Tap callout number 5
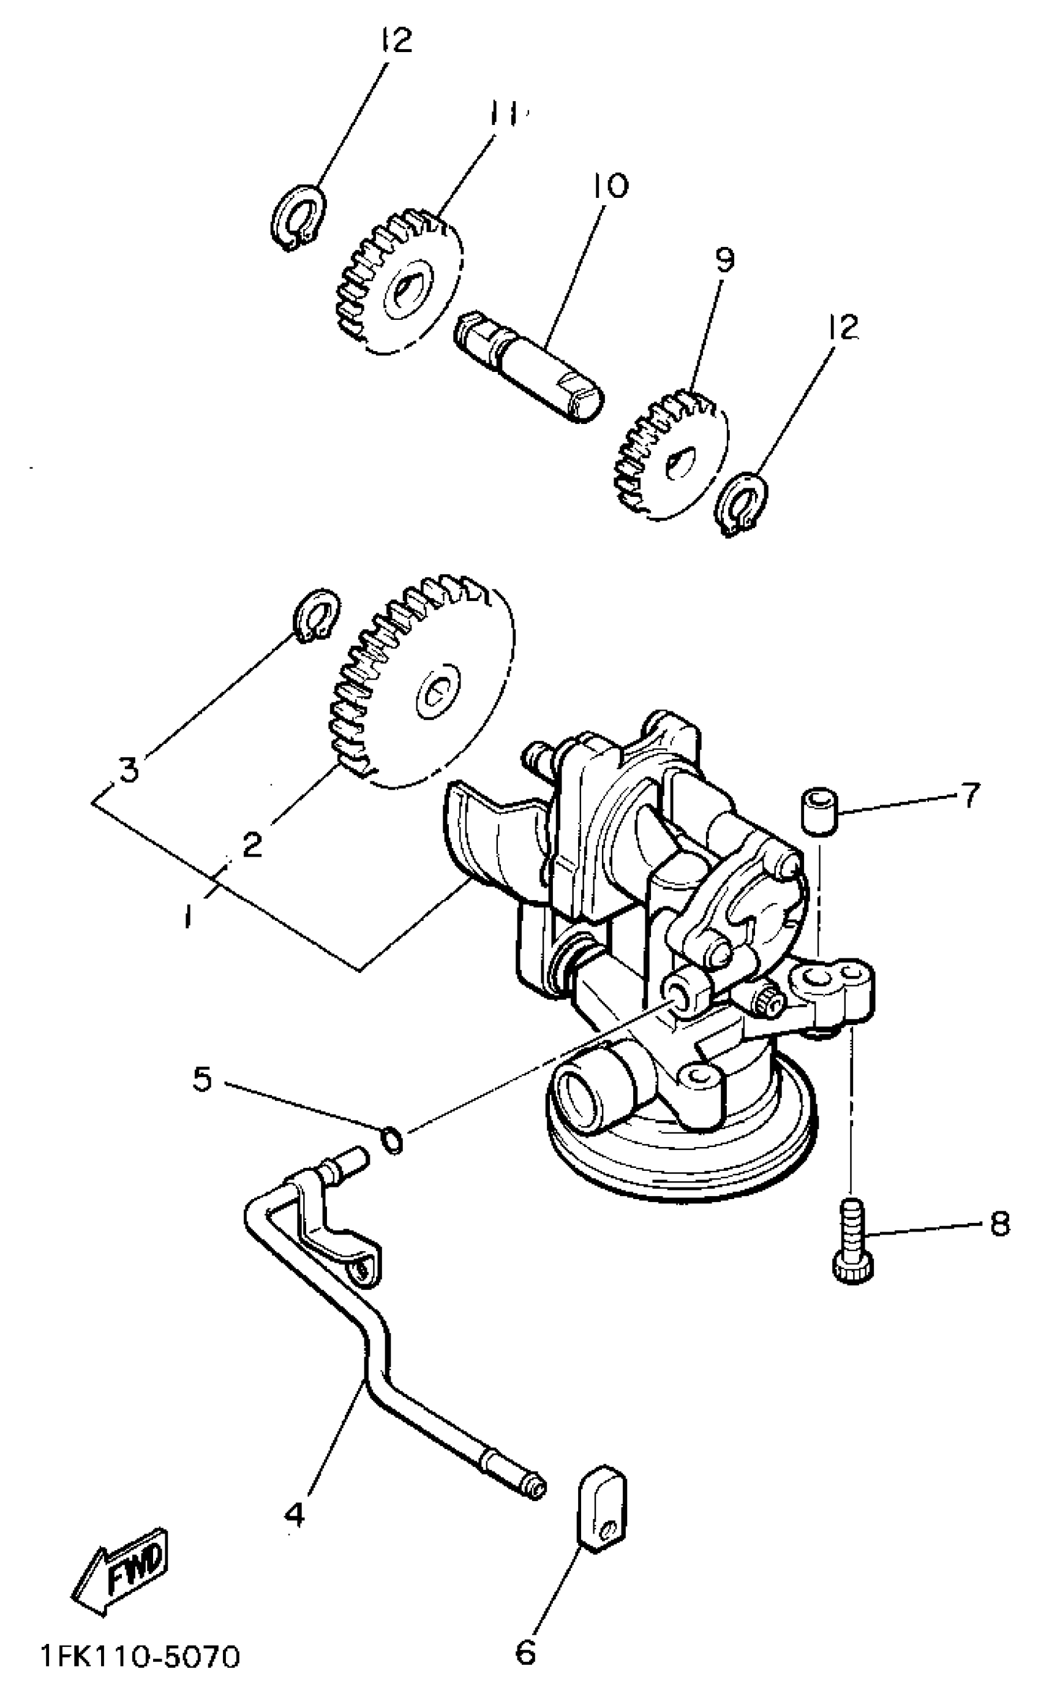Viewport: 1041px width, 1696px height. (203, 1080)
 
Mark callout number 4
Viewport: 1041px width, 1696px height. (295, 1513)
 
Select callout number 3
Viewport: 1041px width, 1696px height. (129, 768)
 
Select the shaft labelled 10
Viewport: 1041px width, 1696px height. (528, 364)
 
